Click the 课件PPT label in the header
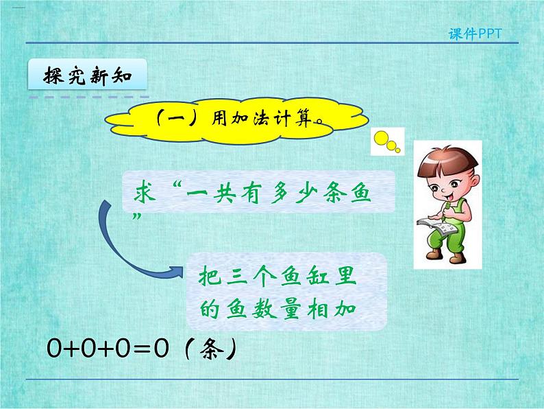(480, 34)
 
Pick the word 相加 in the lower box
(339, 309)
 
